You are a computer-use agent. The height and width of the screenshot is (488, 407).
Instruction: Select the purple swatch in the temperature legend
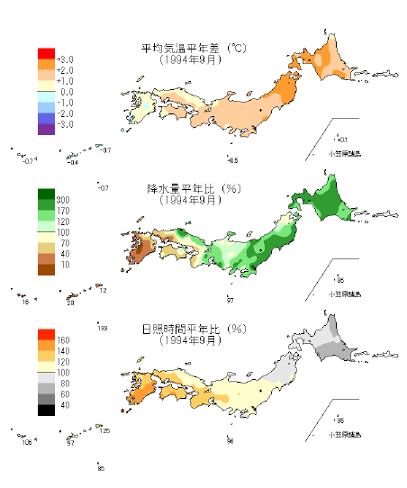(x=43, y=129)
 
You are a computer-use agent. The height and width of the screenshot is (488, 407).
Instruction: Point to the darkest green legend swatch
(x=43, y=194)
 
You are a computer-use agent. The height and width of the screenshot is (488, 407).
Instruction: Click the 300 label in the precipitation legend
(x=65, y=199)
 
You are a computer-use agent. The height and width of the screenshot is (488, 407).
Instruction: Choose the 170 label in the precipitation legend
(x=65, y=210)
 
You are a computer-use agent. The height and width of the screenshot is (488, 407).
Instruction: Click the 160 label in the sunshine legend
(x=65, y=340)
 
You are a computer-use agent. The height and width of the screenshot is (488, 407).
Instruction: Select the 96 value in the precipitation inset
(x=340, y=280)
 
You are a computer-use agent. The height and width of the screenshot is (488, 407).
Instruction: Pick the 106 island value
(x=27, y=442)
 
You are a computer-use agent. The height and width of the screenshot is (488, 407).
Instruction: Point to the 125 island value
(x=104, y=431)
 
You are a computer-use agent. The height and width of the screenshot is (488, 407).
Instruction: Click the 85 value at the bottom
(x=101, y=468)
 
